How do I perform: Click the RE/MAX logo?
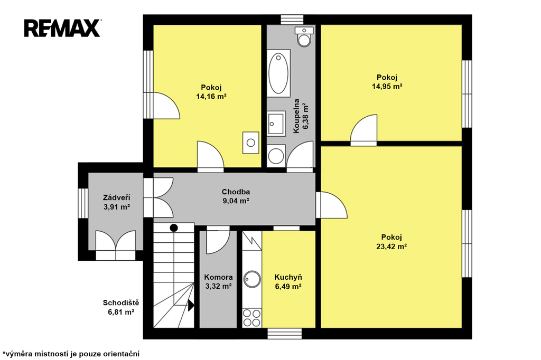pos(62,28)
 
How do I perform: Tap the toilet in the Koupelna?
pos(304,36)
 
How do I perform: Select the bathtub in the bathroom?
pos(278,72)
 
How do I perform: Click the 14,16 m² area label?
pos(211,97)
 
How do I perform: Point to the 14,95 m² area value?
pos(387,86)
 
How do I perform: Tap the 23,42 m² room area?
pos(391,246)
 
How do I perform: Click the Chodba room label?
pos(236,192)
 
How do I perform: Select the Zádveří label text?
pos(117,197)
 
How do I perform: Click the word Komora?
pos(218,277)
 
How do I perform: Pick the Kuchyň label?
pos(288,277)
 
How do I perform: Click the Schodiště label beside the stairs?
pos(121,303)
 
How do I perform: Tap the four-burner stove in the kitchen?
pos(252,318)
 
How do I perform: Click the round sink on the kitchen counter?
pos(252,279)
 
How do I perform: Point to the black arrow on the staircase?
pos(191,305)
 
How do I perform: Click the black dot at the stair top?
pos(174,228)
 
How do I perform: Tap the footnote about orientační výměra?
pos(71,354)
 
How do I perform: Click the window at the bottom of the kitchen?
pos(285,334)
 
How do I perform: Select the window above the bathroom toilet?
pos(292,20)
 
